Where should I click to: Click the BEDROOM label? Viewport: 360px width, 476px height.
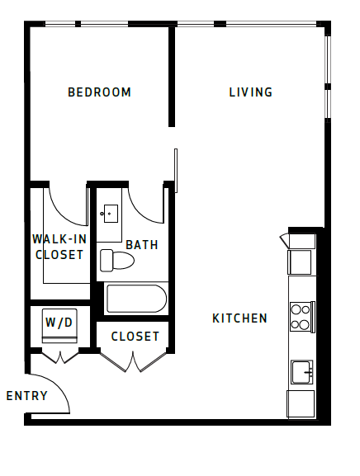click(99, 92)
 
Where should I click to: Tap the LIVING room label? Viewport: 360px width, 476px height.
click(250, 92)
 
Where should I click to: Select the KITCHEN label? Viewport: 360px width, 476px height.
click(239, 318)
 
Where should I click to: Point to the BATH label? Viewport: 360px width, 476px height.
click(142, 245)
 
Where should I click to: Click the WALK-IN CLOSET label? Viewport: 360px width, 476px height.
click(58, 247)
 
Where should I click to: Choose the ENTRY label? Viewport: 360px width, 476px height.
click(26, 396)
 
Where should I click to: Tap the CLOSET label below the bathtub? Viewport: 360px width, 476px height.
click(135, 337)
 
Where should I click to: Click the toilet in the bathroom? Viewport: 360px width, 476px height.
click(116, 261)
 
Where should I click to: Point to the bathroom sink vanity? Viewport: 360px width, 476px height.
click(109, 214)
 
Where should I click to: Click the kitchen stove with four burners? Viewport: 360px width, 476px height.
click(301, 316)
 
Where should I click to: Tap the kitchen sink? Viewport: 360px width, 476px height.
click(301, 372)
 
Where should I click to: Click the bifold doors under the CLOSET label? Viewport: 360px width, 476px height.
click(133, 361)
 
